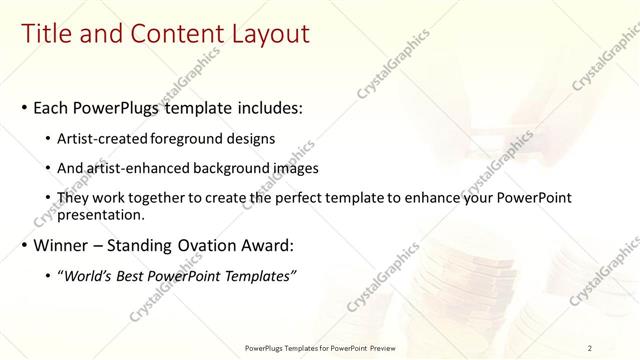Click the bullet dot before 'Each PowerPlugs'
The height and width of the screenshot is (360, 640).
coord(23,107)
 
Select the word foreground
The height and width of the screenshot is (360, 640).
coord(192,138)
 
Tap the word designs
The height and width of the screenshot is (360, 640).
coord(251,138)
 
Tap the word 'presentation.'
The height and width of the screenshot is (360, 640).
coord(102,214)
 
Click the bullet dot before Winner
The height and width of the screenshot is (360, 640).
coord(23,245)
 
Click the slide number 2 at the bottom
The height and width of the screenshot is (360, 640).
coord(590,347)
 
